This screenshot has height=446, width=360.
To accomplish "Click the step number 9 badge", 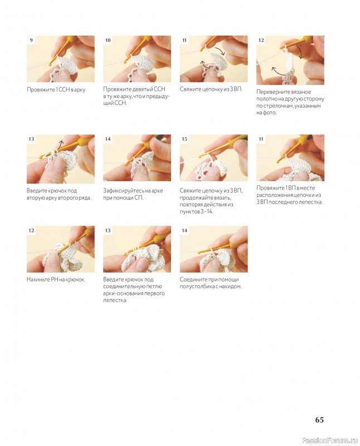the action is tap(31, 40).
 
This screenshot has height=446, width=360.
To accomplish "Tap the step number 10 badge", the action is tap(108, 40).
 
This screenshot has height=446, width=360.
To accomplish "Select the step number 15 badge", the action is tap(184, 139).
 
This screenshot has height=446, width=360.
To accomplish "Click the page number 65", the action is tap(319, 420).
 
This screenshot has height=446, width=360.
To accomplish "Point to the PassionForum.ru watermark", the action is tap(330, 440).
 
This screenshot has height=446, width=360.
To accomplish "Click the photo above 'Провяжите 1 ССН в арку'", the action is tap(61, 59).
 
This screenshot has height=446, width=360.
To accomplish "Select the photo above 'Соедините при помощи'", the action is tap(213, 249).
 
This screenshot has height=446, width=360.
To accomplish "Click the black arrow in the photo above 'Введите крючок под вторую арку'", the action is tap(60, 144).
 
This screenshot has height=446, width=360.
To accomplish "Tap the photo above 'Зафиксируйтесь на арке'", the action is tap(137, 158).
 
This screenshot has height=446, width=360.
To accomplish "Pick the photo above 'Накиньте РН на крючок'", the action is tap(61, 249).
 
